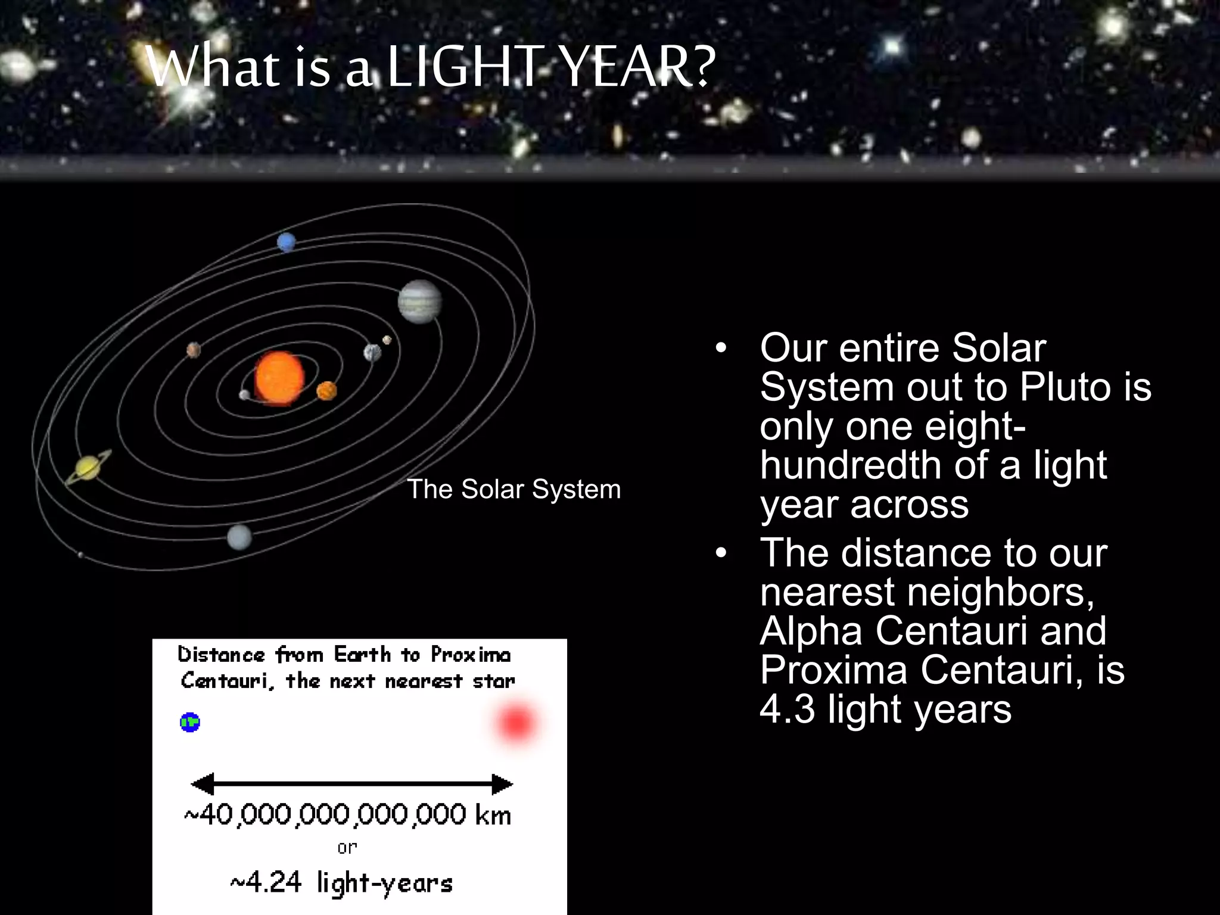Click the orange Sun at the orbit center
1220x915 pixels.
tap(279, 378)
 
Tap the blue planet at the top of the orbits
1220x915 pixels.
tap(286, 242)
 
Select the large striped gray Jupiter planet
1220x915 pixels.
tap(420, 301)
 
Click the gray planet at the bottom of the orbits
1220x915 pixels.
tap(239, 537)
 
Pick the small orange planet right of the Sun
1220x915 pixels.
tap(326, 391)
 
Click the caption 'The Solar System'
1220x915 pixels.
tap(513, 489)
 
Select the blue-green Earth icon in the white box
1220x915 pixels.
tap(190, 723)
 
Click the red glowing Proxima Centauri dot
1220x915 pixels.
tap(516, 723)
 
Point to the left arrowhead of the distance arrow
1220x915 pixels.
tap(203, 784)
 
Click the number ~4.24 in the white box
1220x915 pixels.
tap(266, 882)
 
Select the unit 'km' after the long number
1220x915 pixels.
tap(493, 815)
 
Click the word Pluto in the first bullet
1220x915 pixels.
tap(1066, 387)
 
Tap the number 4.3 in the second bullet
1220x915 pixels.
tap(787, 709)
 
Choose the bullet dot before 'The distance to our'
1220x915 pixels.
tap(721, 553)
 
